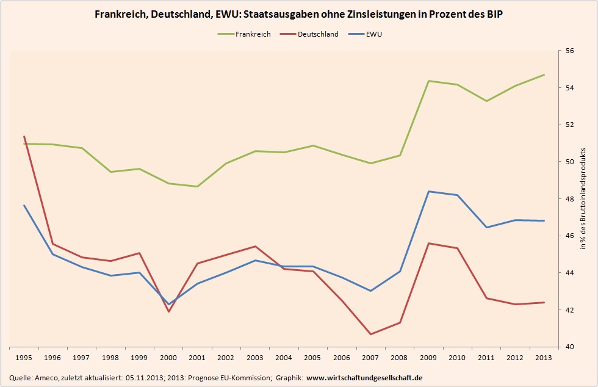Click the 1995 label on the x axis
tap(24, 358)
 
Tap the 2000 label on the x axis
tap(168, 358)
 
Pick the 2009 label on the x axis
tap(428, 358)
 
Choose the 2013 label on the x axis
tap(544, 358)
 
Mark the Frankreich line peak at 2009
tap(428, 81)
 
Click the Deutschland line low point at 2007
tap(370, 334)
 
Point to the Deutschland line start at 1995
tap(24, 136)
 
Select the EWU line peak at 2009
tap(428, 192)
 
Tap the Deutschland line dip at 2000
tap(168, 312)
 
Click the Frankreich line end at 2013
tap(544, 75)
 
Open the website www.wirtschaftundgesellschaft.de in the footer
tap(364, 378)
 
